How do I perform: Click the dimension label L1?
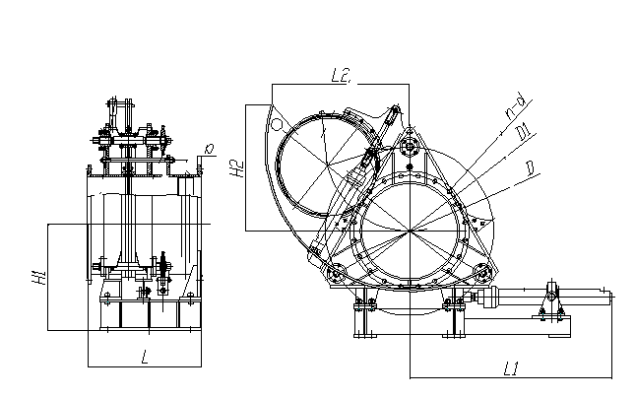pos(510,369)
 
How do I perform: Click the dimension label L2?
pos(341,74)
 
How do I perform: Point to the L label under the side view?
pos(145,356)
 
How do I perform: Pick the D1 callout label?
pos(525,132)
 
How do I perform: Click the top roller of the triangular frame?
pos(409,148)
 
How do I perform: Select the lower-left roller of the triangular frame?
pos(338,274)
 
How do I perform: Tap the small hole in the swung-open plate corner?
pos(279,125)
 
